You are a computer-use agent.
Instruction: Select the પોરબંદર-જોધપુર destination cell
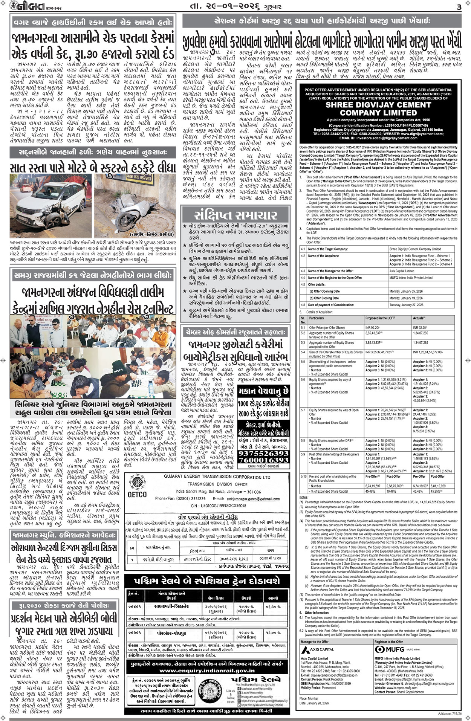171,633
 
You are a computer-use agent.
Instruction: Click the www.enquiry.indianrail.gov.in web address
207,670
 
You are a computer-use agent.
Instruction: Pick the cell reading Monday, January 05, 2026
406,291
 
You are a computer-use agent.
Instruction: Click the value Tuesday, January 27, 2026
406,305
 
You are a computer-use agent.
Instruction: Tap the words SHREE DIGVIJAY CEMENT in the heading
378,105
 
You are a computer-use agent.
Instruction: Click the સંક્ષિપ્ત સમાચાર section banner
236,215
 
